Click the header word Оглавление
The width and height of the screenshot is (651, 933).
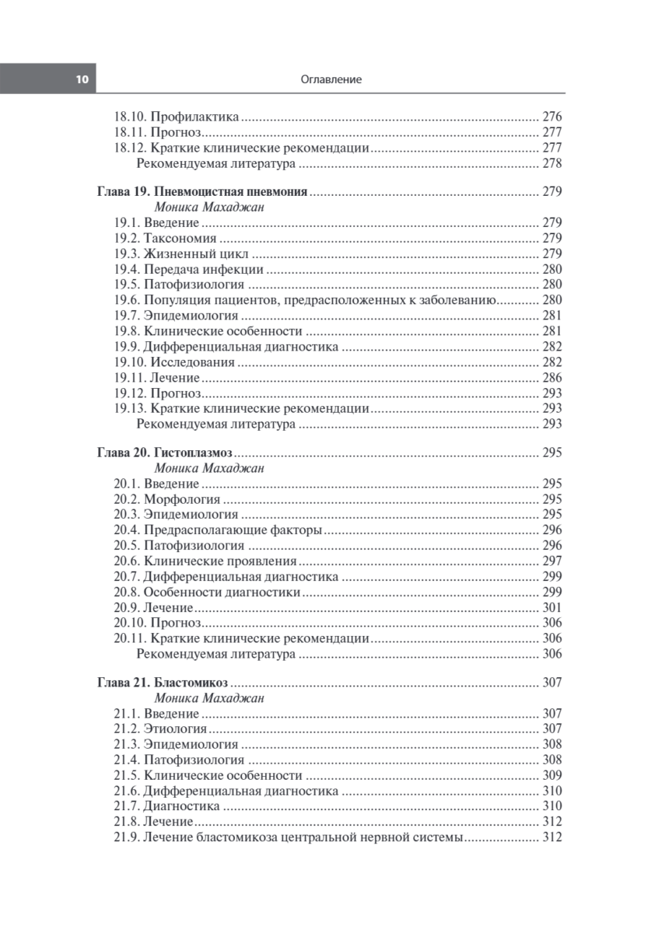point(330,79)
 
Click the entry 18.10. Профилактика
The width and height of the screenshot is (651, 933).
point(177,117)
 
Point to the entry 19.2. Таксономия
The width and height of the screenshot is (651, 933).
point(165,238)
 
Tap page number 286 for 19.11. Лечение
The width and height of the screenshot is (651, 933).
point(551,378)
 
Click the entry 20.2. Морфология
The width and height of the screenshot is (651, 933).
point(167,499)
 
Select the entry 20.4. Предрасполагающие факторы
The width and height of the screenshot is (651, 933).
point(218,530)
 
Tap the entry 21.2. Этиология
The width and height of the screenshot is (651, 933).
point(160,729)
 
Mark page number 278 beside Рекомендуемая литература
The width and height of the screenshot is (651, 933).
point(551,164)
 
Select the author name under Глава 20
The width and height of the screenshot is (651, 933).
point(209,468)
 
